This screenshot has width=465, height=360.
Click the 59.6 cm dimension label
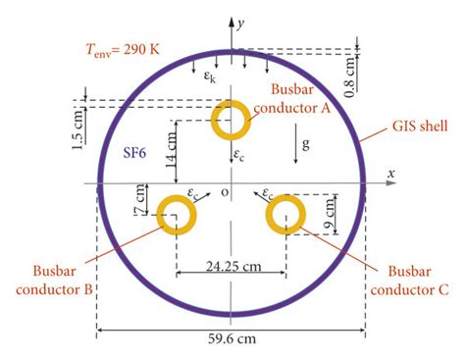(x=232, y=338)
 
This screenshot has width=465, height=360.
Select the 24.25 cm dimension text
(x=233, y=267)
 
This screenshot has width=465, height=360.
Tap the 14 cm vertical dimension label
(x=172, y=149)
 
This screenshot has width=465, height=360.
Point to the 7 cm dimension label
(x=139, y=200)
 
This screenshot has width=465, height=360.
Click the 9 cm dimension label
(x=330, y=214)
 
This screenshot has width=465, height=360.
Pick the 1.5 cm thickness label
(x=77, y=129)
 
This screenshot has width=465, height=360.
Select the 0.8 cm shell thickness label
(x=349, y=77)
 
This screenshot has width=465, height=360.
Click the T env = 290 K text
(x=123, y=50)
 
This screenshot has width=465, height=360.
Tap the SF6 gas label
(x=134, y=153)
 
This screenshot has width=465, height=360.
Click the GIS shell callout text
(x=420, y=126)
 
